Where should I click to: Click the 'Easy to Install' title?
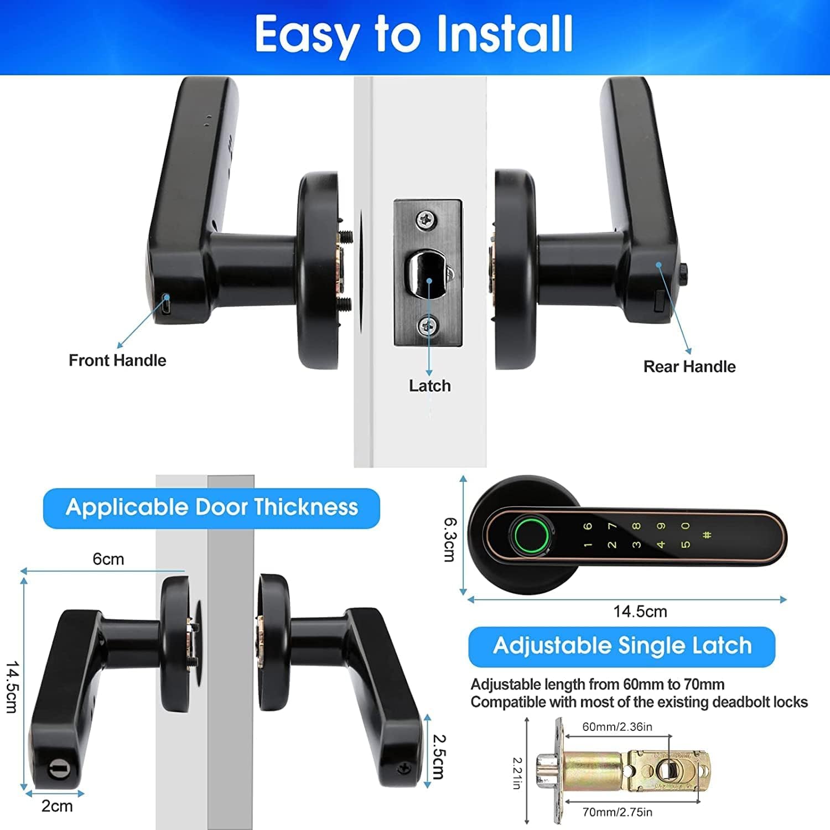pos(414,34)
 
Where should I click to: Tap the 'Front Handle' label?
pos(117,360)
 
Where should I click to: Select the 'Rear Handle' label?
pos(689,366)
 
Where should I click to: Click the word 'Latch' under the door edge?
pos(430,386)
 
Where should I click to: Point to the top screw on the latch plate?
pos(426,220)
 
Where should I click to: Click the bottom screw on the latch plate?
pos(427,325)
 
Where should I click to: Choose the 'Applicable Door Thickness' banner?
pos(211,507)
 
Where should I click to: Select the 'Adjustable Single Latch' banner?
pos(622,646)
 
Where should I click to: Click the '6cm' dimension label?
pos(108,559)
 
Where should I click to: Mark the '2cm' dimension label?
pos(57,806)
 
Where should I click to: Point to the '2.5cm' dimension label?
pos(439,756)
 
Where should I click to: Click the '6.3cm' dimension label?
pos(451,539)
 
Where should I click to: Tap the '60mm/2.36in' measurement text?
pos(618,727)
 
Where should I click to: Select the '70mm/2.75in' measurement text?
pos(618,812)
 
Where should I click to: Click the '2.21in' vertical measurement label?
pos(517,773)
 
